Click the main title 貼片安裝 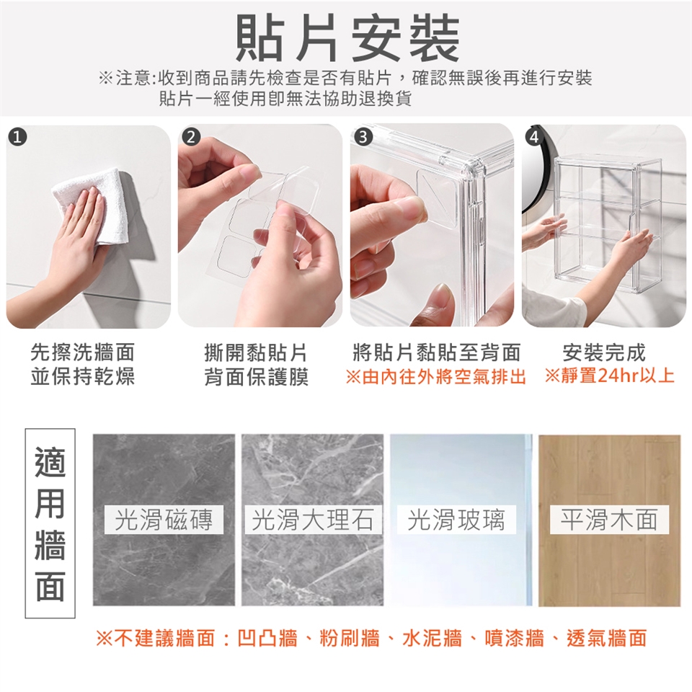pyautogui.click(x=347, y=37)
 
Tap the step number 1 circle pyautogui.click(x=17, y=138)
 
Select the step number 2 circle pyautogui.click(x=190, y=138)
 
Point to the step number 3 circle pyautogui.click(x=363, y=138)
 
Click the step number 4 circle pyautogui.click(x=534, y=138)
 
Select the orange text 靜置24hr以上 pyautogui.click(x=610, y=376)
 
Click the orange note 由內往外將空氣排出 pyautogui.click(x=435, y=377)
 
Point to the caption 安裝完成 pyautogui.click(x=604, y=352)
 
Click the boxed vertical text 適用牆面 pyautogui.click(x=50, y=523)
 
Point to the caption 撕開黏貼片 pyautogui.click(x=255, y=352)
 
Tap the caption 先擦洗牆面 pyautogui.click(x=82, y=352)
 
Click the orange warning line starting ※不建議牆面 pyautogui.click(x=371, y=638)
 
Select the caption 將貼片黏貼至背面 pyautogui.click(x=437, y=352)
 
